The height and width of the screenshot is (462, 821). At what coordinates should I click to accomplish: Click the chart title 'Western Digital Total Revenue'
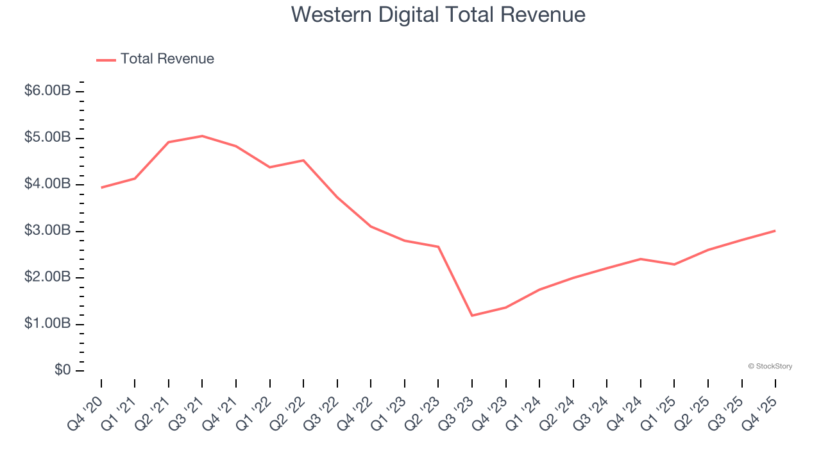point(438,14)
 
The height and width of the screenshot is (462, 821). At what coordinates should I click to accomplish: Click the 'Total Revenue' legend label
point(167,59)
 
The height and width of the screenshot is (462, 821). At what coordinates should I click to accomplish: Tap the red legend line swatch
point(106,60)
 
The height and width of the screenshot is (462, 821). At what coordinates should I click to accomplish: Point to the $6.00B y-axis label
point(47,91)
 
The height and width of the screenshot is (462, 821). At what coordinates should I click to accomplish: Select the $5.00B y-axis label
point(47,138)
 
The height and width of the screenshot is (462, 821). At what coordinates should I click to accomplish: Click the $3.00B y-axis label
point(47,231)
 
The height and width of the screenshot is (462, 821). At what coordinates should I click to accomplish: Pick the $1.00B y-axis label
point(47,324)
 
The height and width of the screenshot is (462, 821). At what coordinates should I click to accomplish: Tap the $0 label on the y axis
point(63,371)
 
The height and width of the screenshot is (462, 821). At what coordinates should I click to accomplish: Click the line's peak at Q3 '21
point(202,136)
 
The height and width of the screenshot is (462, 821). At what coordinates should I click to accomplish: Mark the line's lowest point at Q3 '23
point(472,315)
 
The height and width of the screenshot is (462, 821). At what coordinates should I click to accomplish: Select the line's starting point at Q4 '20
point(101,187)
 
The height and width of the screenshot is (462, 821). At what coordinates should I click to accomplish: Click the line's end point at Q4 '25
point(775,230)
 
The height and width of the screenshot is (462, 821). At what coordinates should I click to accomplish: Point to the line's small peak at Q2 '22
point(303,160)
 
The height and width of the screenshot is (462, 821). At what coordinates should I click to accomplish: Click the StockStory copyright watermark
point(770,366)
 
